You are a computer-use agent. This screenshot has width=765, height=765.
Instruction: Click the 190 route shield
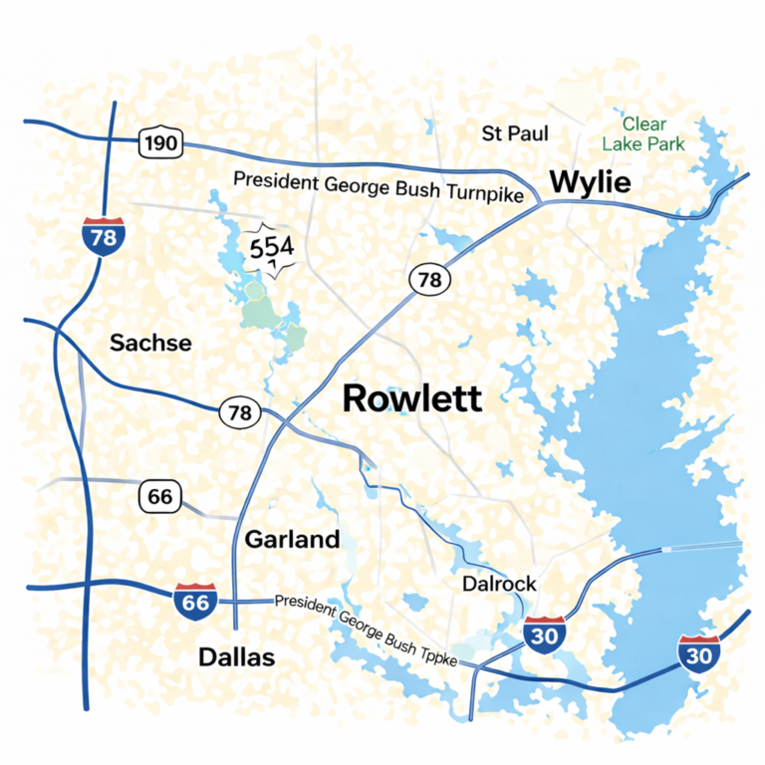point(159,143)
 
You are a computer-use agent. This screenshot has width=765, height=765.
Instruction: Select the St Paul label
point(515,132)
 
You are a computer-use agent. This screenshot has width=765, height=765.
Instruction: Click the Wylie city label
point(590,182)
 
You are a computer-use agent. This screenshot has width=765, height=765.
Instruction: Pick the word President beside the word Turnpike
point(276,180)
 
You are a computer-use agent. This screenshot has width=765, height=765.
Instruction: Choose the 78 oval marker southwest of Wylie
point(428,280)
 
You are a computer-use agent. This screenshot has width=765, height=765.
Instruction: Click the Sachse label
point(150,343)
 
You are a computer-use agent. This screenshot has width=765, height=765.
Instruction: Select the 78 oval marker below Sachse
point(239,411)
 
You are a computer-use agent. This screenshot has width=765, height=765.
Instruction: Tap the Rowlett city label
point(412,398)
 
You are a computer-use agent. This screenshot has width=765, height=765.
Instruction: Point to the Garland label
point(292,540)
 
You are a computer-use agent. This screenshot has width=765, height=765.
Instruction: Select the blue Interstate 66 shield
point(194,602)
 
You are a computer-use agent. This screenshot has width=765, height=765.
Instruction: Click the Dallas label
point(236,657)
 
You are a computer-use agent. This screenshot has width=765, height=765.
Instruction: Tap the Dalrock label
point(499,585)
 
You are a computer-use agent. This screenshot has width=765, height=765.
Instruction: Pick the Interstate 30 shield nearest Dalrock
point(544,634)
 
